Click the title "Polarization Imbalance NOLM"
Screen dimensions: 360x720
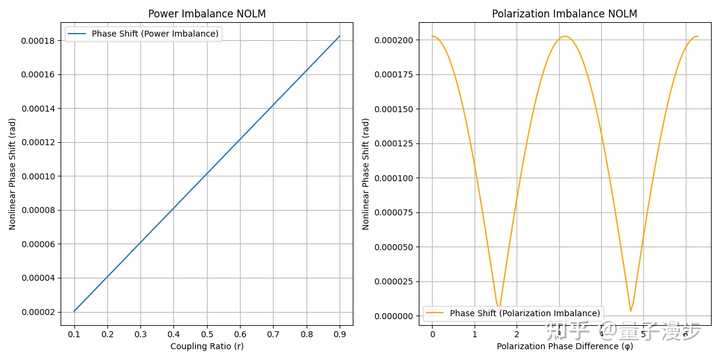point(565,13)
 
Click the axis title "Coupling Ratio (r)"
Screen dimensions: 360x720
point(208,346)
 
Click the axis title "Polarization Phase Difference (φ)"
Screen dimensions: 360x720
point(565,346)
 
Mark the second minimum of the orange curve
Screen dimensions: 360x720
point(631,310)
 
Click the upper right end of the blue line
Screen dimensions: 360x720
point(341,36)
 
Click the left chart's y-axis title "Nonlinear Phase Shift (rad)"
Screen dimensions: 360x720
point(12,174)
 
